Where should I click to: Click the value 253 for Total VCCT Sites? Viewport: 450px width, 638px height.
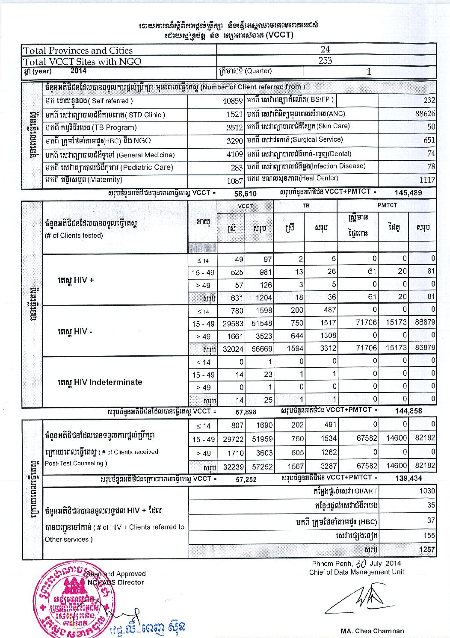pyautogui.click(x=325, y=60)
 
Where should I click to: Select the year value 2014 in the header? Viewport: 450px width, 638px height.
pyautogui.click(x=78, y=71)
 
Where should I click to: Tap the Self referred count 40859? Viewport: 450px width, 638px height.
pyautogui.click(x=233, y=101)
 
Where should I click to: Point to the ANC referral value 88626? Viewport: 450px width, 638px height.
pyautogui.click(x=425, y=114)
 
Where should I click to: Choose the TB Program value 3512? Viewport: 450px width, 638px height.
pyautogui.click(x=234, y=128)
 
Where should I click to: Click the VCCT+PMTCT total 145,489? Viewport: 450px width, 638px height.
pyautogui.click(x=408, y=193)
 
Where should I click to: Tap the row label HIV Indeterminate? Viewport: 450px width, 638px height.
pyautogui.click(x=100, y=382)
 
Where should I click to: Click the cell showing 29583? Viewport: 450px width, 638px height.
pyautogui.click(x=233, y=324)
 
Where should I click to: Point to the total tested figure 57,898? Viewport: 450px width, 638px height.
pyautogui.click(x=246, y=412)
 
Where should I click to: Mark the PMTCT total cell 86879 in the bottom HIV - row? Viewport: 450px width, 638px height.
pyautogui.click(x=425, y=348)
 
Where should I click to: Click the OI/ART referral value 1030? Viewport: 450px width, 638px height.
pyautogui.click(x=427, y=491)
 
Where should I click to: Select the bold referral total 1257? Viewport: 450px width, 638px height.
pyautogui.click(x=426, y=549)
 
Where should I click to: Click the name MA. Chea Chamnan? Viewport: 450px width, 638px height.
pyautogui.click(x=372, y=631)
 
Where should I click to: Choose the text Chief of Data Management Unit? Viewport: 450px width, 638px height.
pyautogui.click(x=356, y=572)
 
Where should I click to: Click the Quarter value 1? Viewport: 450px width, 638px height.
pyautogui.click(x=369, y=72)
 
